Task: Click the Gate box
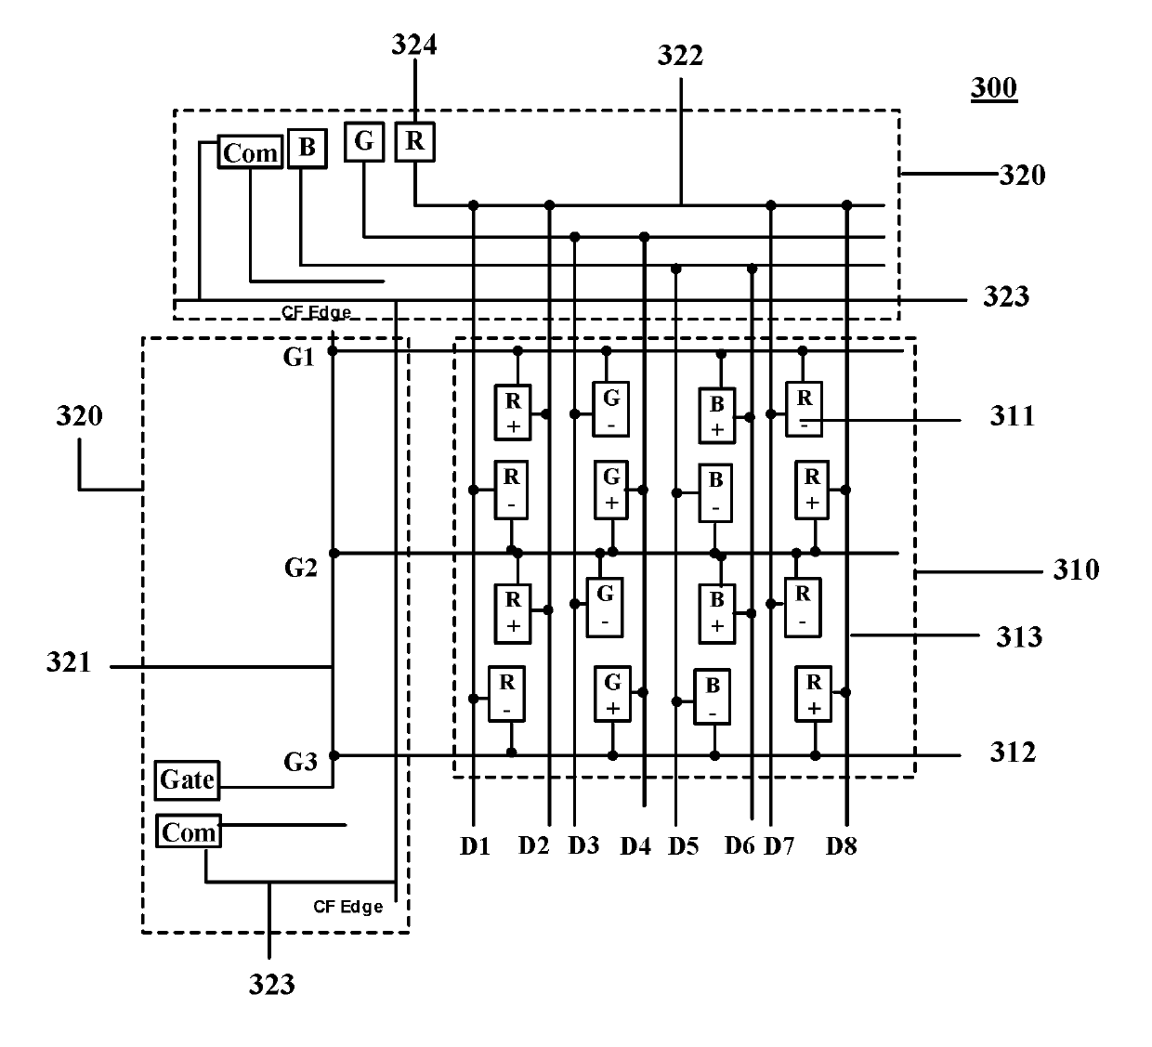coord(188,780)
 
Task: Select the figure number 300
coord(994,88)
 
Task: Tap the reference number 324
coord(414,45)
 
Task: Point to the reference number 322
coord(681,55)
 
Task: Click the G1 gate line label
coord(299,358)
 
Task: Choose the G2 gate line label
coord(301,568)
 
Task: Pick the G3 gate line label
coord(300,762)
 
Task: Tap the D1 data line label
coord(475,846)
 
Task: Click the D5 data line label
coord(684,846)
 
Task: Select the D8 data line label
coord(842,846)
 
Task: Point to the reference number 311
coord(1013,416)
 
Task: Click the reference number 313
coord(1019,637)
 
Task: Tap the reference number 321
coord(69,662)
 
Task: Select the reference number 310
coord(1076,569)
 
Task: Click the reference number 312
coord(1013,752)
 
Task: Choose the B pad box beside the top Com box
coord(308,149)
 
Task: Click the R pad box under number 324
coord(414,141)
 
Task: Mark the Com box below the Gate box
coord(189,831)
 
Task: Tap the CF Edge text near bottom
coord(348,907)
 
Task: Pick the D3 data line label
coord(584,845)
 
